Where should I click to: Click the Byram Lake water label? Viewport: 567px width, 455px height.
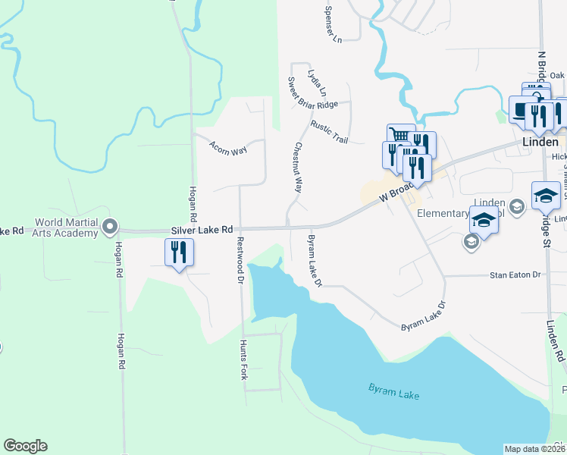[393, 391]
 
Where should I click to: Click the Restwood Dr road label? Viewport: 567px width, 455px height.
[240, 259]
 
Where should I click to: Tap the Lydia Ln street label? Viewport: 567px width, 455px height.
[317, 83]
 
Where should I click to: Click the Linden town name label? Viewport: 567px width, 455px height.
[540, 142]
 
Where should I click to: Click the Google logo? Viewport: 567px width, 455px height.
[26, 446]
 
